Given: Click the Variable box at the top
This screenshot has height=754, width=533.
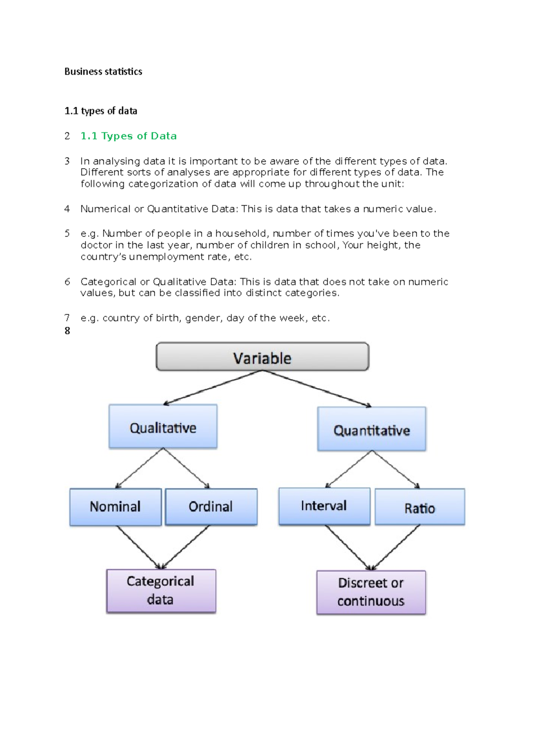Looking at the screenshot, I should click(x=262, y=357).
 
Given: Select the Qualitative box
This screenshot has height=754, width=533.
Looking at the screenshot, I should click(x=163, y=426).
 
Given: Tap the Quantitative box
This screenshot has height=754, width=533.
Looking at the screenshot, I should click(x=371, y=429).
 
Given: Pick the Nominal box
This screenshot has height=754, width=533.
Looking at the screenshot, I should click(x=115, y=507).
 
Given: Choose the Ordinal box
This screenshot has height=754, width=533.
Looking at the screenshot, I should click(x=211, y=507).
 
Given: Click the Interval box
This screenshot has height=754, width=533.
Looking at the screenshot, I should click(x=324, y=506).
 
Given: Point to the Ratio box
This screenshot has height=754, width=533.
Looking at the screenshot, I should click(x=420, y=507).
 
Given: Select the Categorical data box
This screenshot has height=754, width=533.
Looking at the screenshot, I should click(x=161, y=591).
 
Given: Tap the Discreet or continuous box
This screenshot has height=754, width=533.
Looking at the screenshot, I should click(x=371, y=592).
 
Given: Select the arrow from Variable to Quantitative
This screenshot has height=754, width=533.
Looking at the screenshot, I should click(x=317, y=389).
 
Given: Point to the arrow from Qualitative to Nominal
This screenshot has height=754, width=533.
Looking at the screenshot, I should click(x=139, y=468).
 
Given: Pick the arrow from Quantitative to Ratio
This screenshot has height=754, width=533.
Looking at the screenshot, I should click(x=396, y=469).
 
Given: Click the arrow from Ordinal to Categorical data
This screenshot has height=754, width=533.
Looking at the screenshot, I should click(x=185, y=547).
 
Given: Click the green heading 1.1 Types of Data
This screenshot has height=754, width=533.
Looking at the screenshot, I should click(x=128, y=136).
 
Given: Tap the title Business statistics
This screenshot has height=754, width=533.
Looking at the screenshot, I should click(x=103, y=71).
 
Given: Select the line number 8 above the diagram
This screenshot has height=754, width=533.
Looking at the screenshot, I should click(x=67, y=331).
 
